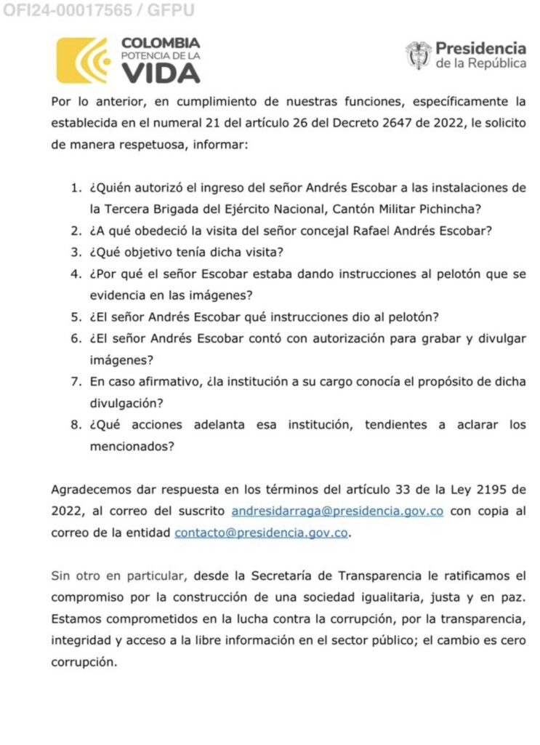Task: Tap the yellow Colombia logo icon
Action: point(82,60)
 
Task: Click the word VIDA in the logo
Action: point(161,73)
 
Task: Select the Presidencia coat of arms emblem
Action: point(418,55)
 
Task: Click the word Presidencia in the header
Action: point(480,49)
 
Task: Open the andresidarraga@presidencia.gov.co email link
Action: point(337,511)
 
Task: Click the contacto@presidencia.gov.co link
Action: point(261,533)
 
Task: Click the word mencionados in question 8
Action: point(132,447)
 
